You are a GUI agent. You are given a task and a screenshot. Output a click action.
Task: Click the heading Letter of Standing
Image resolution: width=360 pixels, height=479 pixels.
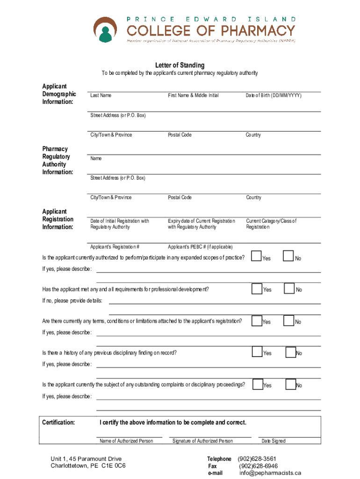(x=180, y=65)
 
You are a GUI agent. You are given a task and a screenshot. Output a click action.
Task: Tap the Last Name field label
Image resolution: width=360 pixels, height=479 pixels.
(x=101, y=95)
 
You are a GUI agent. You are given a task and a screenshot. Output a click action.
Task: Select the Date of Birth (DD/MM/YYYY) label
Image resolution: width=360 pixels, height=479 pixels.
(x=274, y=95)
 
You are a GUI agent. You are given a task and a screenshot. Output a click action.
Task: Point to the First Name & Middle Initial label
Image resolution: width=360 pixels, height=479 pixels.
(x=193, y=95)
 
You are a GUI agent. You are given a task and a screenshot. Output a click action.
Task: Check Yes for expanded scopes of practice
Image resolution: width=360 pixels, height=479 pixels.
(x=257, y=256)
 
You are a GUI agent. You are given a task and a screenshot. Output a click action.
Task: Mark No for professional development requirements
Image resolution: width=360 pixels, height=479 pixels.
(x=290, y=289)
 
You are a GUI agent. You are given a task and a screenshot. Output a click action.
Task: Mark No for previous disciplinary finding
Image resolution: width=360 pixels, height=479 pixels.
(x=291, y=352)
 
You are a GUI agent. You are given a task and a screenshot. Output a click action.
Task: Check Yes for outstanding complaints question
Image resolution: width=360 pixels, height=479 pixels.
(x=258, y=384)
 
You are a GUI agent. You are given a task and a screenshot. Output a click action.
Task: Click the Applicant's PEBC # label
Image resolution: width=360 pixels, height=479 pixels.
(x=200, y=247)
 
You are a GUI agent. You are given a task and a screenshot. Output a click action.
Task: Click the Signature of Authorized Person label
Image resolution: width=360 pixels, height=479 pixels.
(x=202, y=441)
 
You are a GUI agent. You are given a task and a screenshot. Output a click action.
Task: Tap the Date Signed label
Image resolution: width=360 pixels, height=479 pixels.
(x=274, y=441)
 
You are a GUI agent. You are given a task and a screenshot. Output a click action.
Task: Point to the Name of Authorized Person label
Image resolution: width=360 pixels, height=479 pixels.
(x=126, y=441)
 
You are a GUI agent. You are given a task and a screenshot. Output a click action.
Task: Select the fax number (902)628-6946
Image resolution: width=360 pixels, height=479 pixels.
(x=259, y=466)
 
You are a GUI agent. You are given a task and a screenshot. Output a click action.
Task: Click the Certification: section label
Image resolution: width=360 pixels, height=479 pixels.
(x=58, y=422)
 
